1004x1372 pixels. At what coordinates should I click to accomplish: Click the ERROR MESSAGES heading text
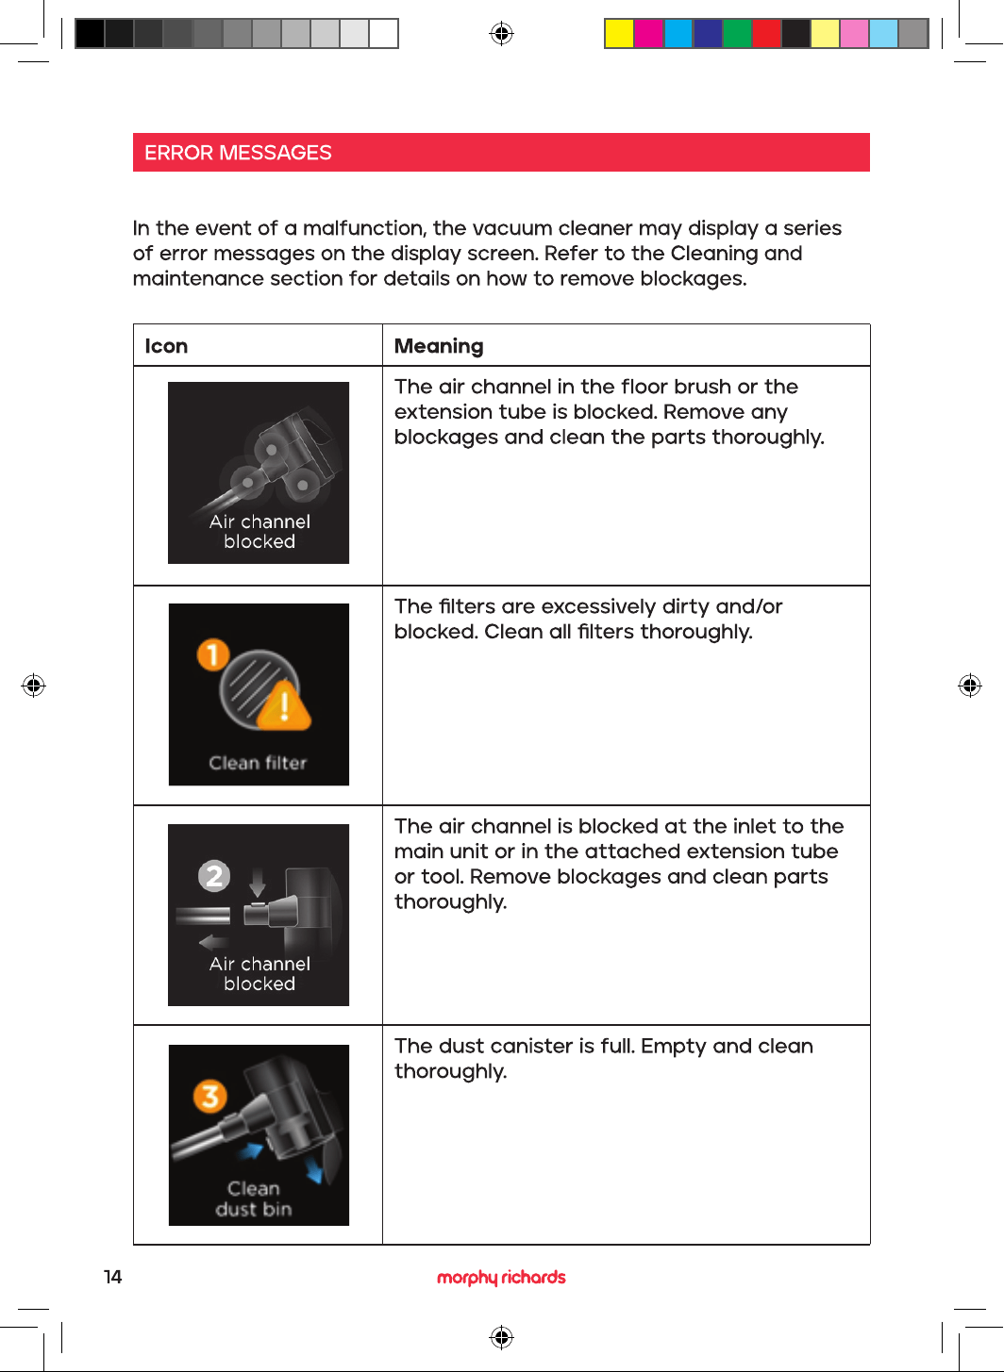tap(238, 153)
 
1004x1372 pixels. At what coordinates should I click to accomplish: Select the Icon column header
tap(166, 346)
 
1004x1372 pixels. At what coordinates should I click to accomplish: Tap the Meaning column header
tap(439, 347)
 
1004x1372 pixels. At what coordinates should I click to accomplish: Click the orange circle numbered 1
tap(213, 654)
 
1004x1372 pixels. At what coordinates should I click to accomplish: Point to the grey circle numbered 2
tap(214, 876)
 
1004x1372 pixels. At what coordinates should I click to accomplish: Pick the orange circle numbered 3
tap(210, 1097)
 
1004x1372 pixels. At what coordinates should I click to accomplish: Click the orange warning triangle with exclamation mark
tap(284, 706)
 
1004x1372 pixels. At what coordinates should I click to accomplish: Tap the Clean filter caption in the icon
tap(258, 763)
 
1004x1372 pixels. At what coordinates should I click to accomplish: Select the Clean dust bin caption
tap(254, 1198)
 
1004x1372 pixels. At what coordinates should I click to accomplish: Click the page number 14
tap(113, 1277)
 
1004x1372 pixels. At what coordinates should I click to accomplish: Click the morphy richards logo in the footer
tap(501, 1278)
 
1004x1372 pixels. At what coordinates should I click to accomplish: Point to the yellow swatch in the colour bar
tap(619, 33)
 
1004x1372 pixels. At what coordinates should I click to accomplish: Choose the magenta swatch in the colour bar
tap(648, 33)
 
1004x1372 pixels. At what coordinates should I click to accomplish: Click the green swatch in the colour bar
tap(737, 33)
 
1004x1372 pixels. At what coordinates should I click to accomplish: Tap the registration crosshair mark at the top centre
tap(501, 33)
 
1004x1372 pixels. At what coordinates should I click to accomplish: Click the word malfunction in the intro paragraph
tap(364, 228)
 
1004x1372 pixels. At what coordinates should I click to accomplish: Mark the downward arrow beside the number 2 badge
tap(258, 882)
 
